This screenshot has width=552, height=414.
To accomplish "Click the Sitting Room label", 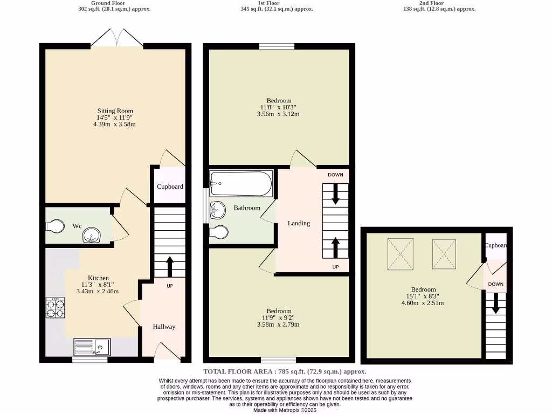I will tap(115, 111).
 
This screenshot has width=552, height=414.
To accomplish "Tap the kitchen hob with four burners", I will tap(56, 308).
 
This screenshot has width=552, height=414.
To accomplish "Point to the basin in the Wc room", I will tap(91, 236).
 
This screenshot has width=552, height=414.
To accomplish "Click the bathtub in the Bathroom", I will tap(241, 184).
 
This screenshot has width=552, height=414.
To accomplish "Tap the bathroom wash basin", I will tap(218, 210).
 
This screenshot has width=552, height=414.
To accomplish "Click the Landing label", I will tap(299, 223).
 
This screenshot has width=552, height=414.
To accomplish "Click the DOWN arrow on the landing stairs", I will tap(335, 194).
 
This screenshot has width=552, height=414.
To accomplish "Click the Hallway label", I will tap(164, 327).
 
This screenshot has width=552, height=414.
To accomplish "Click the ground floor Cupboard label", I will tap(170, 187).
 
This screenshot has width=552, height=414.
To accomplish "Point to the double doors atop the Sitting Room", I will tap(117, 38).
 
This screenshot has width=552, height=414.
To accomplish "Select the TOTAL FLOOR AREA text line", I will tap(285, 371).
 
